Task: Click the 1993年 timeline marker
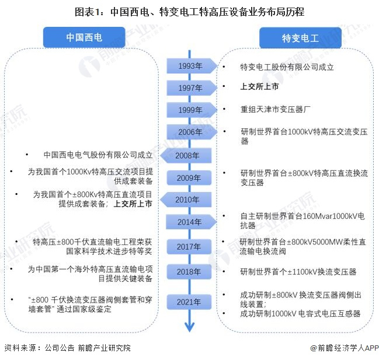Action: tap(192, 66)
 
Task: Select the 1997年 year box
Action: tap(192, 88)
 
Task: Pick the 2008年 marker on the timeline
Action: tap(186, 155)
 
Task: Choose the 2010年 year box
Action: tap(186, 200)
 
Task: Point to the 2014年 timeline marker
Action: tap(191, 222)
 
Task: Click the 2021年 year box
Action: tap(189, 302)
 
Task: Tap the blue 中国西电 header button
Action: tap(84, 37)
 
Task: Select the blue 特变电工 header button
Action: tap(300, 38)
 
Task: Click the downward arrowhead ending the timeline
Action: tap(189, 327)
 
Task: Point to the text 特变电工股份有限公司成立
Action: tap(287, 67)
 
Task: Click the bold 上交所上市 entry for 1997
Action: tap(259, 86)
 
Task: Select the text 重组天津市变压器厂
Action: tap(275, 109)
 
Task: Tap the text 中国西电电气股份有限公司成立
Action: tap(98, 155)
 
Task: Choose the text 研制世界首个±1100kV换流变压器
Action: tap(298, 272)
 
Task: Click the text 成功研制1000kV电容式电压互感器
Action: tap(300, 313)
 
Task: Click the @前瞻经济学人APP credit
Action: tap(345, 348)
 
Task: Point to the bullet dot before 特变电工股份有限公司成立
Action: tap(224, 67)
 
